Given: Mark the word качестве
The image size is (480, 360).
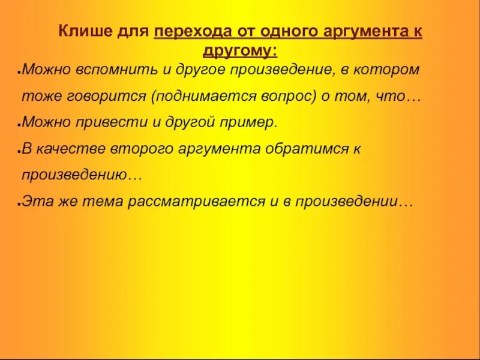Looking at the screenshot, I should coord(65,149).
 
